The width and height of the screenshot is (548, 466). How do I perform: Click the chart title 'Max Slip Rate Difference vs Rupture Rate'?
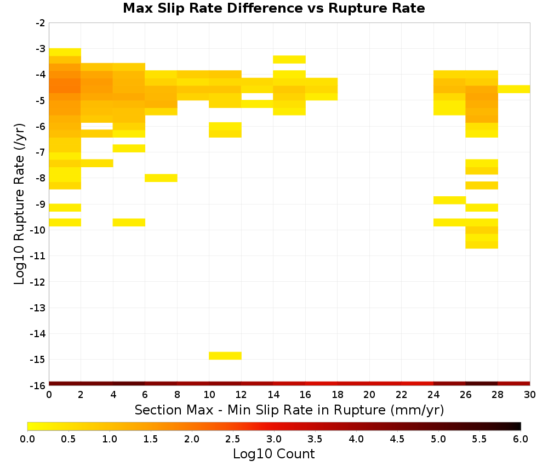tap(273, 8)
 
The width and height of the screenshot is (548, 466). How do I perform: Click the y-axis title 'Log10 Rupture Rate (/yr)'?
tap(19, 204)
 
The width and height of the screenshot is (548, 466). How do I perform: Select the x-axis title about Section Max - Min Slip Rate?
tap(289, 410)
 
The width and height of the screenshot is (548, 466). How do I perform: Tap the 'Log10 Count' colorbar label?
tap(273, 454)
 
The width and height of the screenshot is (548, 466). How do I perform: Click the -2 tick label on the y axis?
tap(41, 23)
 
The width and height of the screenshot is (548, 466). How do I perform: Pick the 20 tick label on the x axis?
tap(369, 395)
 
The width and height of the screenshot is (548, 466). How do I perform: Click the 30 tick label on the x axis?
tap(530, 395)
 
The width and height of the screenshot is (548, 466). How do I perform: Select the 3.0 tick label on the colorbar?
tap(273, 439)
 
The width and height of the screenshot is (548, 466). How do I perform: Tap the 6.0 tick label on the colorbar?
tap(521, 439)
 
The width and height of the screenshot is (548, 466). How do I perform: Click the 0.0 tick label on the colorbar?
tap(27, 439)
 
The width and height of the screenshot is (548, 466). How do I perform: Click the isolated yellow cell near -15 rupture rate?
tap(225, 355)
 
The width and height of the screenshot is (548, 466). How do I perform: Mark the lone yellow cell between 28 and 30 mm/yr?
tap(514, 89)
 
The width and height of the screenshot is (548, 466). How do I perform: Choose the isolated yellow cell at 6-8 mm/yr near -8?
tap(161, 178)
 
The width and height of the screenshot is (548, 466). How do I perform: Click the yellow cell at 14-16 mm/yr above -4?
tap(289, 59)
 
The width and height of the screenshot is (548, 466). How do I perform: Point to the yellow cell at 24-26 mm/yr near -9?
tap(449, 200)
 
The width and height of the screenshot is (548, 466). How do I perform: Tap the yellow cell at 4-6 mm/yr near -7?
tap(129, 148)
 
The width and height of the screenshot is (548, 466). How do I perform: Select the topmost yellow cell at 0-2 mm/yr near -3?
tap(65, 52)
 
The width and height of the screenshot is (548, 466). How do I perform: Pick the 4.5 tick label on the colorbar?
tap(397, 439)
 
